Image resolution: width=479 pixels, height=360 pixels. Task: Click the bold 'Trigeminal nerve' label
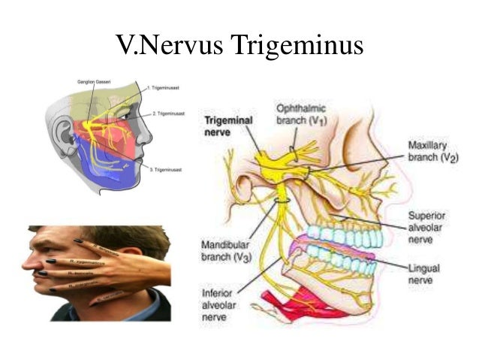pos(230,125)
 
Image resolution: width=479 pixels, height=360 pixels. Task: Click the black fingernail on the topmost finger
pos(78,241)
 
